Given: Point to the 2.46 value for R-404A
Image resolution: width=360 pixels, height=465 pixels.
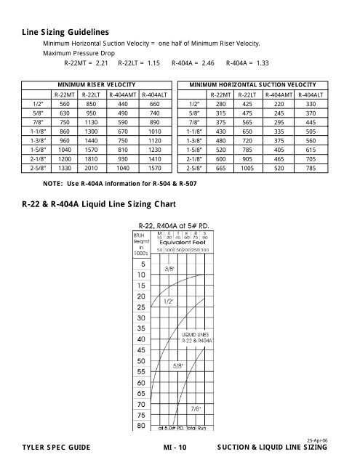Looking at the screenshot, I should (208, 64).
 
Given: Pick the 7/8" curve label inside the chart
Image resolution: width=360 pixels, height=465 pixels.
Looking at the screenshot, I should (197, 408).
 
